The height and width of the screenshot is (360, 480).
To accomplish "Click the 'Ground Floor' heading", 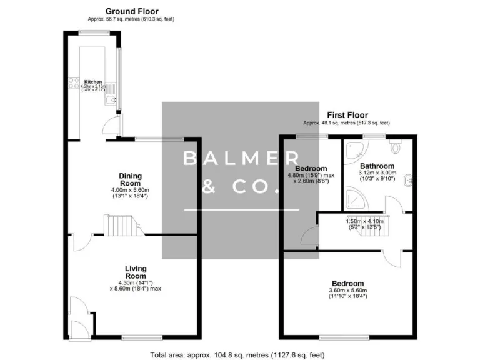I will click(131, 11).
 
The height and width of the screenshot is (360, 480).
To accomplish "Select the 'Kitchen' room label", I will click(93, 82).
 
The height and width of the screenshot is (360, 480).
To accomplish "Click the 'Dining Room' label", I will click(131, 179).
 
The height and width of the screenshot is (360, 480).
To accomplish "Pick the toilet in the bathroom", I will click(395, 146).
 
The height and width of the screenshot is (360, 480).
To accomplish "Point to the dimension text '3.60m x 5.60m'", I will click(347, 290).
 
